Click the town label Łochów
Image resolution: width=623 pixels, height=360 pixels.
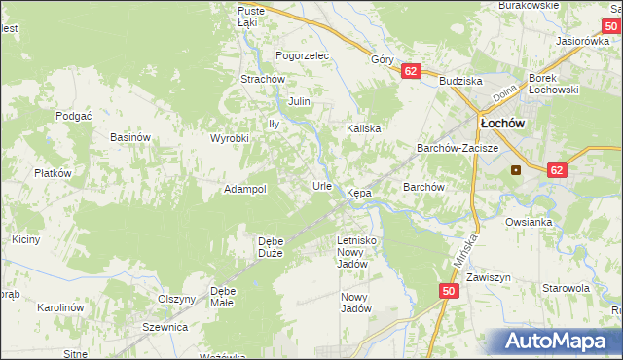coord(502,125)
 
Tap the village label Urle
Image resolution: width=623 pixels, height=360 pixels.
coord(322,185)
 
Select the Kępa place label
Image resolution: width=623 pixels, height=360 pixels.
coord(359,193)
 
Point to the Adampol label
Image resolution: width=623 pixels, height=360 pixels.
coord(245,189)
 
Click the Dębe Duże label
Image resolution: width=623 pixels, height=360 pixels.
coord(270,247)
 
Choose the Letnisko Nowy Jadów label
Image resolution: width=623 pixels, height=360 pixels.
coord(355,251)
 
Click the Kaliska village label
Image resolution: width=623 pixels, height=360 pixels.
coord(363,128)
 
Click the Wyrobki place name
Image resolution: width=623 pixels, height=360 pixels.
coord(230,138)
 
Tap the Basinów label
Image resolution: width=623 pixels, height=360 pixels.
coord(130,138)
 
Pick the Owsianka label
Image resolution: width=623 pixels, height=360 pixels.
coord(529,222)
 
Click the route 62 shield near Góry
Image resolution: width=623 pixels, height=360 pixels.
coord(410,71)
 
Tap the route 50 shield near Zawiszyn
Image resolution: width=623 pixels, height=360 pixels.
coord(448,291)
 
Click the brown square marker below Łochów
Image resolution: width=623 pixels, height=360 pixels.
coord(515,169)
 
